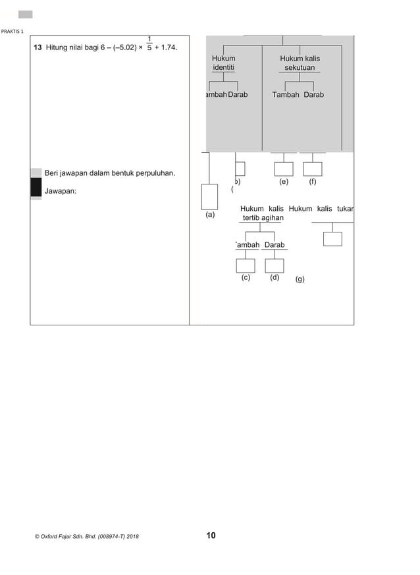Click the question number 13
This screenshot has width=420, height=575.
click(x=38, y=48)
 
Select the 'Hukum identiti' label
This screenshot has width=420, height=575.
click(x=223, y=63)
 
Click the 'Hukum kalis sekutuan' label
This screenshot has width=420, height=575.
click(x=300, y=63)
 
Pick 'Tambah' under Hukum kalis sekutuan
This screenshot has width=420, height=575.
click(x=285, y=95)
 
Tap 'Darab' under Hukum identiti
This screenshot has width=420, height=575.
click(x=238, y=95)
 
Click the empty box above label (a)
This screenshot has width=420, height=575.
click(x=209, y=196)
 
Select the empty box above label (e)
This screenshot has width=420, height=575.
click(x=284, y=169)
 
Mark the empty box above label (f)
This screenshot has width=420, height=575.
click(x=313, y=169)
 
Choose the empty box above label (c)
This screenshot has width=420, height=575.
click(x=246, y=265)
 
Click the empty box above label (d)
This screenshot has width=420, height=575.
click(x=275, y=265)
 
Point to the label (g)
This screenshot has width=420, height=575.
click(x=300, y=279)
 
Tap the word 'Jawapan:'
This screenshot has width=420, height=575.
click(x=60, y=191)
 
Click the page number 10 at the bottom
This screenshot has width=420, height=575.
click(x=211, y=535)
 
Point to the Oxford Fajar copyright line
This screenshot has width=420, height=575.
click(x=86, y=537)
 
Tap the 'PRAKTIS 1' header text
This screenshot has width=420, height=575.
click(x=13, y=32)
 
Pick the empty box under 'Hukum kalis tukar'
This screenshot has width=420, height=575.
click(x=332, y=238)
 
